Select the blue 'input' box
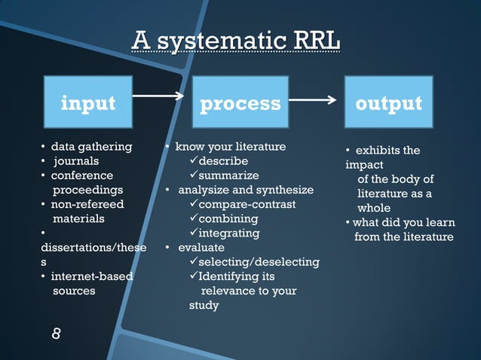click(x=88, y=102)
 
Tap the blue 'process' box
click(x=240, y=102)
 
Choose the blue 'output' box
click(x=388, y=102)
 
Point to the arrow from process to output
click(x=312, y=99)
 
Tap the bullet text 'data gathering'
click(x=91, y=146)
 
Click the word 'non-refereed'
click(x=87, y=204)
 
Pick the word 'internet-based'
click(x=91, y=276)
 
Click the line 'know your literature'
click(x=231, y=146)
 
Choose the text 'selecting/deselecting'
click(x=259, y=262)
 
